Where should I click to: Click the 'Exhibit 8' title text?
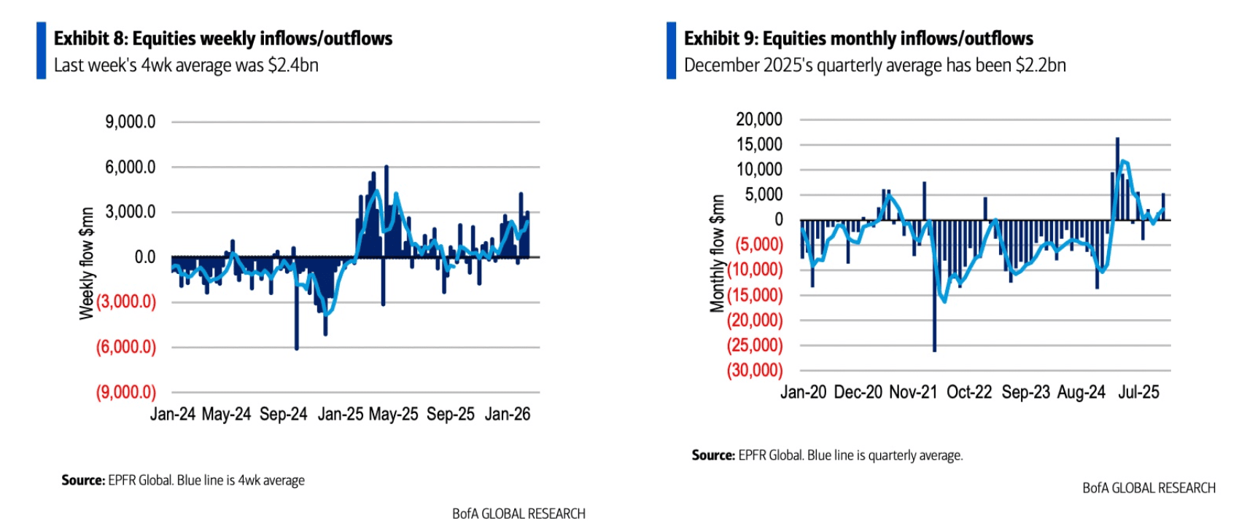[223, 39]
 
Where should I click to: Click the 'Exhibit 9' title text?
[858, 39]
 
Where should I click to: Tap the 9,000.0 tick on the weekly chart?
[131, 122]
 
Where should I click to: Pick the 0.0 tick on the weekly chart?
[144, 257]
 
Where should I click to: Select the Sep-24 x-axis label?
[284, 415]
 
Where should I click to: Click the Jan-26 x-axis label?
[508, 415]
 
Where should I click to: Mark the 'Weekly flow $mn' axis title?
[87, 263]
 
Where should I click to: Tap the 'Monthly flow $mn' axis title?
[718, 253]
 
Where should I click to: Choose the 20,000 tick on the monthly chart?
[759, 119]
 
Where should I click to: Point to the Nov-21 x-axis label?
[913, 393]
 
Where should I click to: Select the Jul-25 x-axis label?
[1138, 393]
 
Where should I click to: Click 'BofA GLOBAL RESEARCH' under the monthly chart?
[1149, 488]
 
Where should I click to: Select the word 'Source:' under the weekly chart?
[83, 481]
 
